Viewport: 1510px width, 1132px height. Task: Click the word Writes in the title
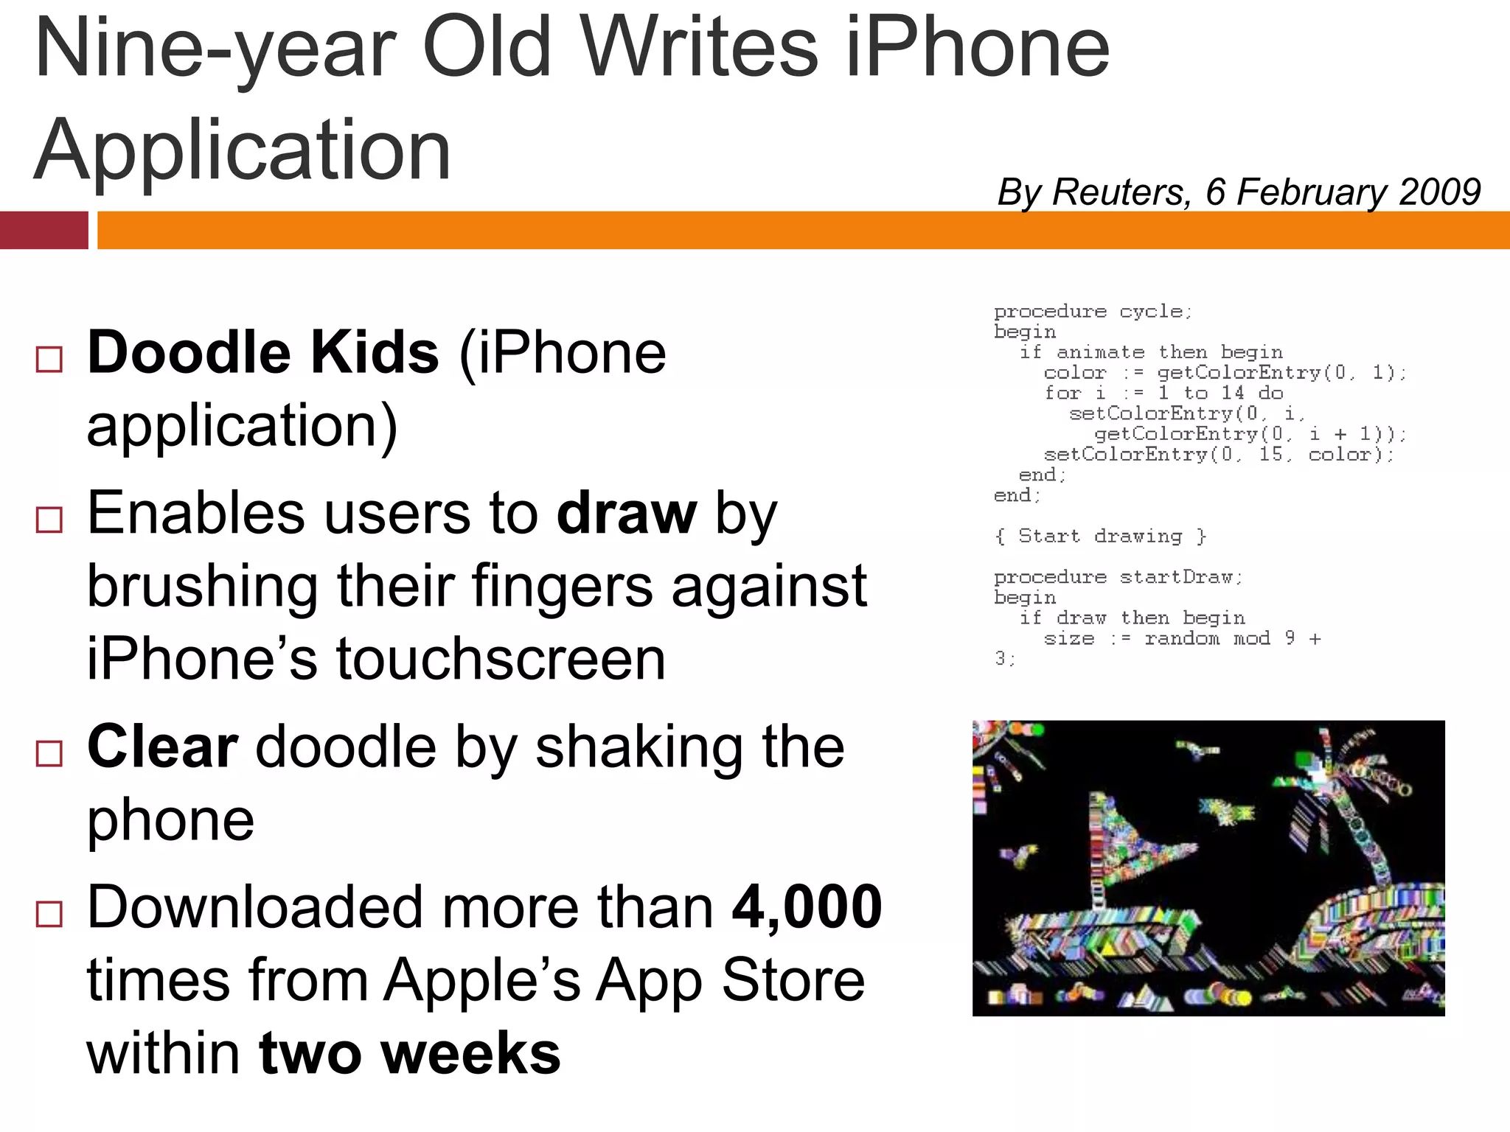(702, 49)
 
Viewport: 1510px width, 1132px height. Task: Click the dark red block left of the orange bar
(44, 230)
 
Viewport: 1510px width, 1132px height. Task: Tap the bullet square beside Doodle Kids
(49, 360)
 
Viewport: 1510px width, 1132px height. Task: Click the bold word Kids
(375, 353)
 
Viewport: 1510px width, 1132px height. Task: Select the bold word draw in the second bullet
(626, 513)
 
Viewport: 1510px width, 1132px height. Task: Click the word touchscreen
(501, 659)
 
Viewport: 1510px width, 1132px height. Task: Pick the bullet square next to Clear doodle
(49, 754)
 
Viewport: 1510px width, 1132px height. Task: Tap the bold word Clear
(162, 747)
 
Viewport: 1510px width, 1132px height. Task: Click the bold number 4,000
(807, 906)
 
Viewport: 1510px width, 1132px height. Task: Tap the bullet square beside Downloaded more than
(49, 914)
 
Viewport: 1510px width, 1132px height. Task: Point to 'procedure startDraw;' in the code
(1118, 577)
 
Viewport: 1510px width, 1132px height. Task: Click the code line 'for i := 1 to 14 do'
(1163, 393)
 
